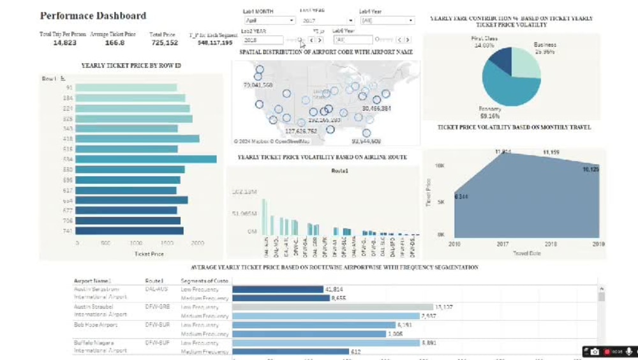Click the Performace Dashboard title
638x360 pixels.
pyautogui.click(x=93, y=15)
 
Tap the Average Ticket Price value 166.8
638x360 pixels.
pyautogui.click(x=115, y=43)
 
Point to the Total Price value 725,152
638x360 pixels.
pyautogui.click(x=164, y=43)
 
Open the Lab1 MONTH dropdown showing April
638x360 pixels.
pyautogui.click(x=266, y=20)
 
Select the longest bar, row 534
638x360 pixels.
pyautogui.click(x=146, y=159)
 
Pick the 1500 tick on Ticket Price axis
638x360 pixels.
pyautogui.click(x=168, y=243)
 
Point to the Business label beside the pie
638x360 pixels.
pyautogui.click(x=546, y=45)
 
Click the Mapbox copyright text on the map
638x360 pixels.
pyautogui.click(x=263, y=141)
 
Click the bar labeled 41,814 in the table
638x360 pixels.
pyautogui.click(x=278, y=289)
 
